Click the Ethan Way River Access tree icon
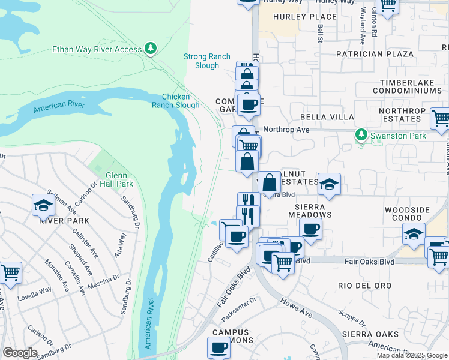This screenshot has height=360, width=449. (151, 49)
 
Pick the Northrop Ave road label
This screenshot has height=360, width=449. (286, 130)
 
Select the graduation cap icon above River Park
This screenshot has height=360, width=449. (43, 205)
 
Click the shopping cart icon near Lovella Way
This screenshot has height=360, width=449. (10, 273)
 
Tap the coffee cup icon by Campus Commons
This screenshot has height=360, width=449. (218, 347)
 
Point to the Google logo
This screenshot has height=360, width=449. (20, 353)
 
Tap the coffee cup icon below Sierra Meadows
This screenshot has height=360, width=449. (310, 229)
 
